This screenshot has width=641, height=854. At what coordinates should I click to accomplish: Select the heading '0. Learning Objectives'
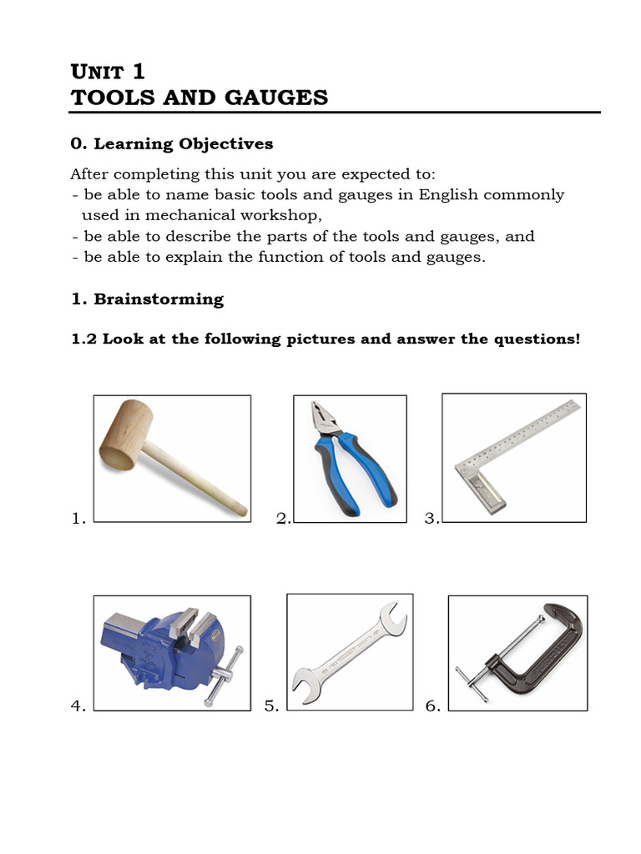coord(172,143)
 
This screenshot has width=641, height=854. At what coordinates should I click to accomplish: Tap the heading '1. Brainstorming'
coord(147,299)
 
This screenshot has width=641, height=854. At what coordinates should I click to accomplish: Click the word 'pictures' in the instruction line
coord(323,339)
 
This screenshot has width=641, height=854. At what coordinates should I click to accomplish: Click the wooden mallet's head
coord(125,435)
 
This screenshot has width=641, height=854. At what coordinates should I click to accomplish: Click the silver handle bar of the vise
coord(224,676)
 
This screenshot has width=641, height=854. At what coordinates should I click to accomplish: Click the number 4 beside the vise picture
coord(78,706)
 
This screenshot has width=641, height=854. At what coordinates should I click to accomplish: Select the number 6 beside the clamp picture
coord(432,706)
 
